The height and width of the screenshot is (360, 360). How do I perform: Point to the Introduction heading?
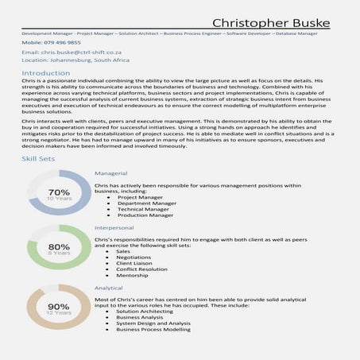tap(46, 72)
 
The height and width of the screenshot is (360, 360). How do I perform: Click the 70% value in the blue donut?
tap(59, 192)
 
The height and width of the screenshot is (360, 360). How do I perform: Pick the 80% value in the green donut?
tap(59, 246)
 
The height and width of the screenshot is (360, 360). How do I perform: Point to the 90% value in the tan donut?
tap(59, 306)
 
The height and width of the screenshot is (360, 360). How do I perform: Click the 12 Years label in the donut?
tap(59, 313)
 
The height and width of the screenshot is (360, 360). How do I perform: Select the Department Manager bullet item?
tap(145, 203)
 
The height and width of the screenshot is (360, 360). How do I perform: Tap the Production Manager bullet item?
tap(145, 215)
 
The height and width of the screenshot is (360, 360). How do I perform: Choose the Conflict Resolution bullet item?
tap(142, 269)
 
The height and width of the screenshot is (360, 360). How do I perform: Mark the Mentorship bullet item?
tap(132, 275)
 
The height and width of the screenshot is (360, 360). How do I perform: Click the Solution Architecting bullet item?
tap(145, 312)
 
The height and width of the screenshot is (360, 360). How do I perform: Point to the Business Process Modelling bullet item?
tap(153, 329)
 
